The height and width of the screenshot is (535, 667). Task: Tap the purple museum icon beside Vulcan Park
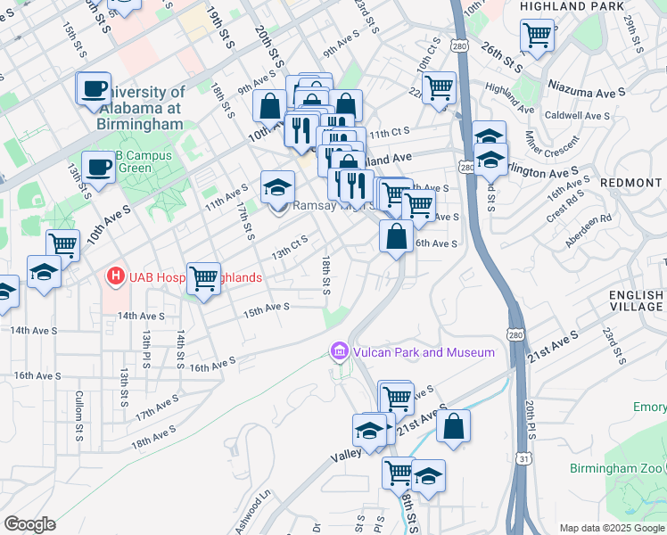coord(338,352)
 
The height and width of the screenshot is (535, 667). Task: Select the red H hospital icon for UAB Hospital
coord(114,277)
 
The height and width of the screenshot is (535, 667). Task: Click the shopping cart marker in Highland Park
coord(538,36)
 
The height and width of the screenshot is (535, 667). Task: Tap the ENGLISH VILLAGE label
coord(637,300)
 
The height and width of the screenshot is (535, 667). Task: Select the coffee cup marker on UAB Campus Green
coord(97,166)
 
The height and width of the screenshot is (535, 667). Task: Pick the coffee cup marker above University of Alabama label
coord(94,88)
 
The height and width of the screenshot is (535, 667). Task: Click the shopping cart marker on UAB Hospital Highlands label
coord(203,278)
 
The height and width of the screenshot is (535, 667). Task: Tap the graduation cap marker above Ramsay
coord(277,187)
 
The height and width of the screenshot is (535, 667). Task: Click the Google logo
coord(29,523)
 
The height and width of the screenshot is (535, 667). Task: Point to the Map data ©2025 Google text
coord(612,528)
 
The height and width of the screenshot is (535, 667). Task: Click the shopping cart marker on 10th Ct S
coord(439,88)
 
